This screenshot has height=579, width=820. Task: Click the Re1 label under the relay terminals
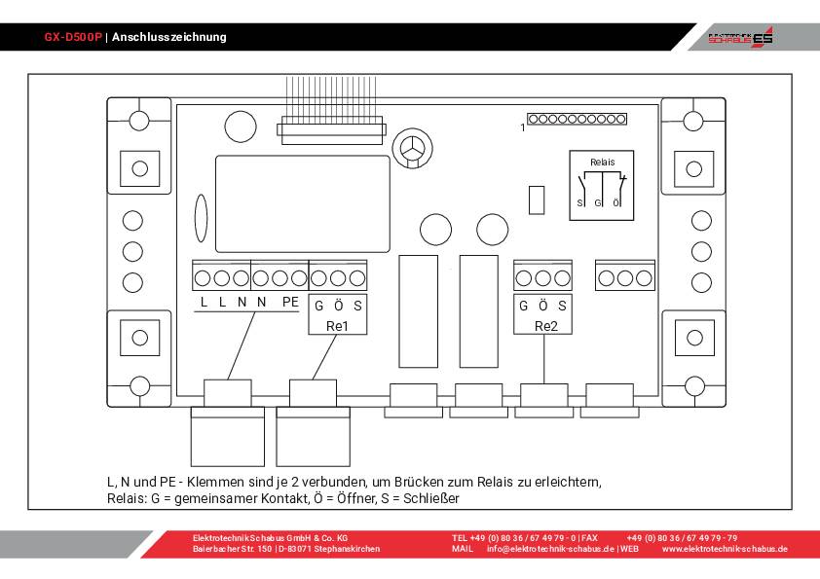coord(338,326)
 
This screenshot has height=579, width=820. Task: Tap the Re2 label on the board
coord(546,326)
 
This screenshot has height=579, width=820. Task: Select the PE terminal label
coord(290,303)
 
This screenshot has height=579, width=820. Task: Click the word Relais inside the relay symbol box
coord(603,162)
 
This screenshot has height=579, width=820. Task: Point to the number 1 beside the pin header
coord(523,127)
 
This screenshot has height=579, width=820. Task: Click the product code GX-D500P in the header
coord(73,37)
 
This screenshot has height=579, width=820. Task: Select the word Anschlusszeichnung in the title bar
coord(169,37)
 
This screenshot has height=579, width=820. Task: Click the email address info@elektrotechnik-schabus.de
coord(550,549)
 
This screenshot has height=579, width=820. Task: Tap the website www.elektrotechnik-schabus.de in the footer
coord(725,549)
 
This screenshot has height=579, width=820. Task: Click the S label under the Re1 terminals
coord(357,305)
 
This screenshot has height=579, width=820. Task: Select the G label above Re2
coord(524,305)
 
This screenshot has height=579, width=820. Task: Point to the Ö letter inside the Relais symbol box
coord(616,202)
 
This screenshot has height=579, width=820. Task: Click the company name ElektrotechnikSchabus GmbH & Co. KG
coord(270,537)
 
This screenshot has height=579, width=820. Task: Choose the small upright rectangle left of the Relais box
coord(535,199)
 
